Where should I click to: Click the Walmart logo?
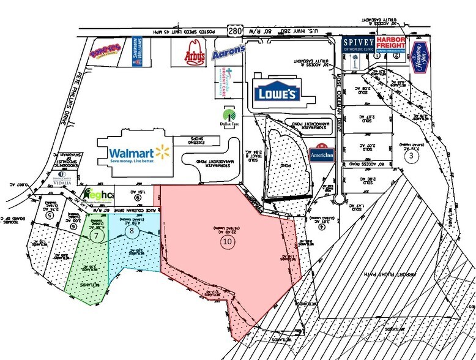point(138,153)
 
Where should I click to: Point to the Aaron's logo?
point(229,52)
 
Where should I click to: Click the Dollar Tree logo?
point(231,115)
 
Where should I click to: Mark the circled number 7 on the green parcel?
point(94,233)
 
